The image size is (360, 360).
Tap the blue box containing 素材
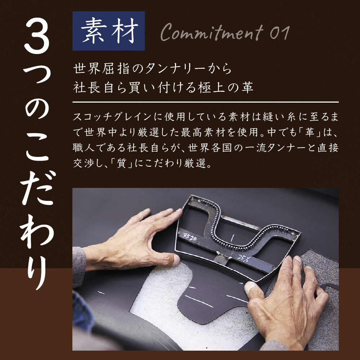(x=109, y=31)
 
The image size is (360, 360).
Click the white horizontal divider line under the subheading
(x=206, y=102)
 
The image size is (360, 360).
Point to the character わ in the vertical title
(x=37, y=230)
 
